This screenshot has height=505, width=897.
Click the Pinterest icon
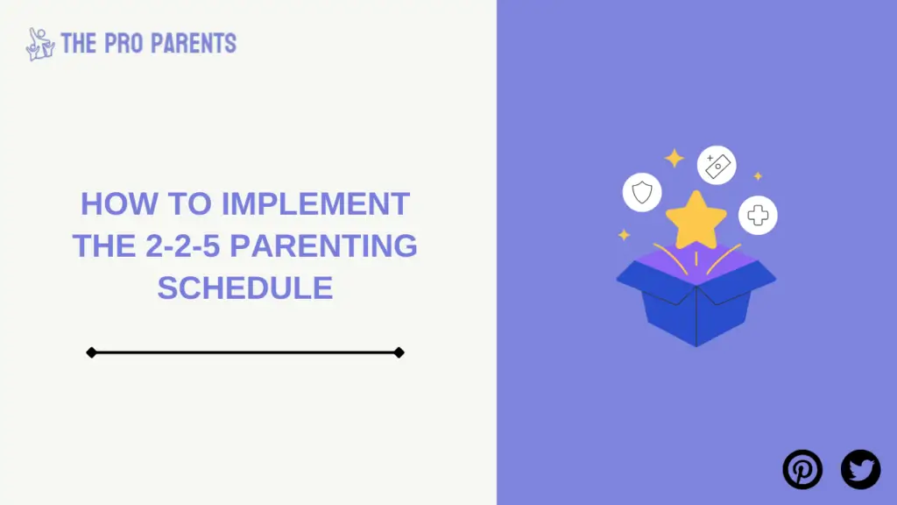(x=802, y=470)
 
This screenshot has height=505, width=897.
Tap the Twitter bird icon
(x=860, y=470)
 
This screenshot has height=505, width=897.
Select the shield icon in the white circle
(x=642, y=192)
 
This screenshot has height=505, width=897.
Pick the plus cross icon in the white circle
(x=758, y=216)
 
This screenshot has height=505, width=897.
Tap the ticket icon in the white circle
(x=717, y=166)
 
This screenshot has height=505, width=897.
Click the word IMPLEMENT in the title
(x=315, y=203)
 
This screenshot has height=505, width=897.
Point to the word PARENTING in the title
(x=323, y=245)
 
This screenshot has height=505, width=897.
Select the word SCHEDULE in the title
(x=245, y=288)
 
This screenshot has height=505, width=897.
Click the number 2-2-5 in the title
(x=183, y=245)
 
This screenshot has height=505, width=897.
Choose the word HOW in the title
(x=119, y=203)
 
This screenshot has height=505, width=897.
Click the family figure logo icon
(x=40, y=44)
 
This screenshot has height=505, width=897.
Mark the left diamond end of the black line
(x=91, y=352)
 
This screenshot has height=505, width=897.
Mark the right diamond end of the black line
(x=399, y=352)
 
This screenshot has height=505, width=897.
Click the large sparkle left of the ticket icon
(x=675, y=158)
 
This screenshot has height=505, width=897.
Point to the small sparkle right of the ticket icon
(x=758, y=176)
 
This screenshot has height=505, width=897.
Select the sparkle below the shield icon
(x=624, y=235)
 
